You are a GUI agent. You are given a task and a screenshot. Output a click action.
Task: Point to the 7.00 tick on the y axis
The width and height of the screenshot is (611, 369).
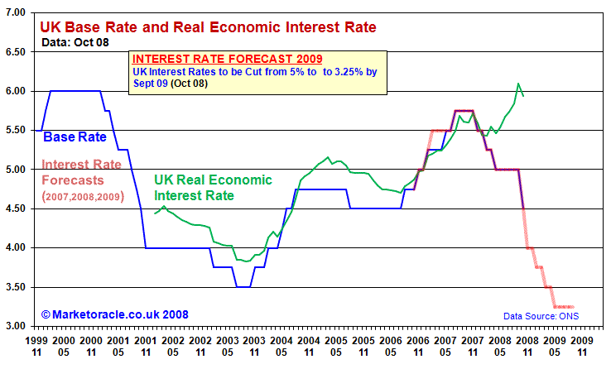pyautogui.click(x=16, y=12)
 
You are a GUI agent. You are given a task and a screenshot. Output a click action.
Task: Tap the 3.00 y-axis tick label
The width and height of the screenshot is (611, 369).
pyautogui.click(x=16, y=326)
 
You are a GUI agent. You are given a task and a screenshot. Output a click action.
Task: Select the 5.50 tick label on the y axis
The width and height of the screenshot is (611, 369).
pyautogui.click(x=16, y=130)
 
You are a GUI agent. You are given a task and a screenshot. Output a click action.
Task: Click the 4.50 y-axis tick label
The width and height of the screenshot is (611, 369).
pyautogui.click(x=16, y=208)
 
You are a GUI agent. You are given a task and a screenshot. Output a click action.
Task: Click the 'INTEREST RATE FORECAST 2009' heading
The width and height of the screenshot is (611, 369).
pyautogui.click(x=228, y=59)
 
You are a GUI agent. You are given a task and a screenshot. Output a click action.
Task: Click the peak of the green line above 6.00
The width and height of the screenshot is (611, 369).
pyautogui.click(x=518, y=84)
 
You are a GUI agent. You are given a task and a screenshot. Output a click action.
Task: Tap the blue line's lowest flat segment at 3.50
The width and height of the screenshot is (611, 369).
pyautogui.click(x=243, y=286)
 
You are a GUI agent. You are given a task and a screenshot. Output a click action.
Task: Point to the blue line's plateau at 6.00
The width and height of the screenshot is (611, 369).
pyautogui.click(x=75, y=91)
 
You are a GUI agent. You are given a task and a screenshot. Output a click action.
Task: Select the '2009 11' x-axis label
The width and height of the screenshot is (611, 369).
pyautogui.click(x=582, y=345)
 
